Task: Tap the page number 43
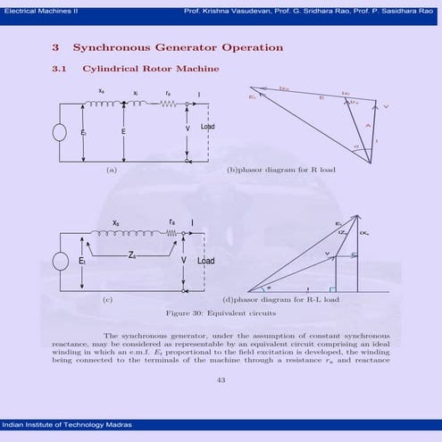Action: point(221,379)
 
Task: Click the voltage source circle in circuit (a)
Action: point(60,132)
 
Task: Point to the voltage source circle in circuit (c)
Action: point(60,261)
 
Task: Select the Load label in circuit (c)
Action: point(206,261)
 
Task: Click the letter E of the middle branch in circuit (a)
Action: point(122,131)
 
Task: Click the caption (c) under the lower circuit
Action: point(106,300)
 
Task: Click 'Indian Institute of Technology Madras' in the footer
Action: point(61,422)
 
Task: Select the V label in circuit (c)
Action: point(184,260)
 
